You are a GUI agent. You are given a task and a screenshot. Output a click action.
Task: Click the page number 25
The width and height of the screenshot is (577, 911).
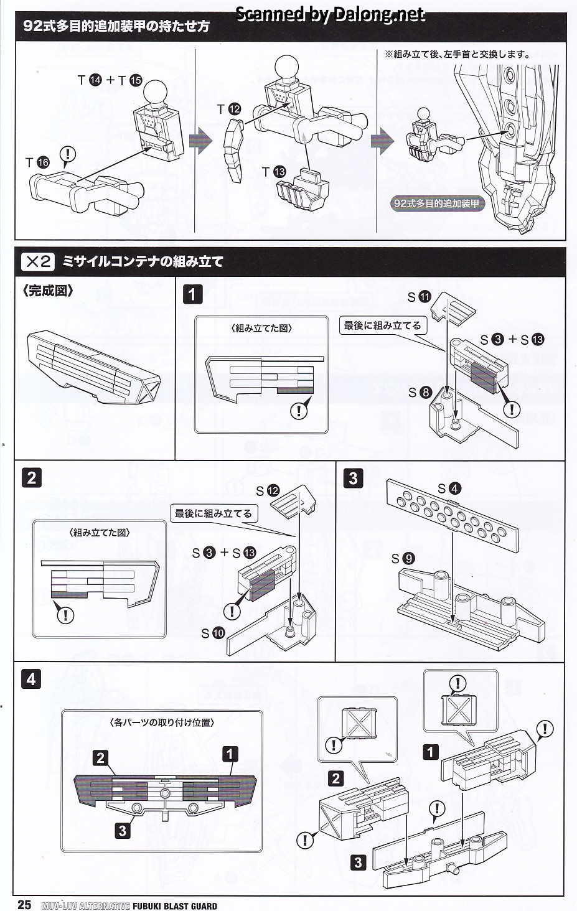click(24, 904)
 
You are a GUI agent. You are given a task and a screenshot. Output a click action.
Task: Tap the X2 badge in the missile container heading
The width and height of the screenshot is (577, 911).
click(38, 261)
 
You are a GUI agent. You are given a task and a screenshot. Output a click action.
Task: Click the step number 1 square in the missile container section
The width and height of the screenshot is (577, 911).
click(193, 294)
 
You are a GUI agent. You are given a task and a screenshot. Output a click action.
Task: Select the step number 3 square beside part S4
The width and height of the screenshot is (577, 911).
click(354, 478)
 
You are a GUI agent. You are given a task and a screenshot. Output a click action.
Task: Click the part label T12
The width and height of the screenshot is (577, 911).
click(228, 110)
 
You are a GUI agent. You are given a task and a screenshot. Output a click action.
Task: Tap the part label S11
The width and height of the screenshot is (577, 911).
click(419, 297)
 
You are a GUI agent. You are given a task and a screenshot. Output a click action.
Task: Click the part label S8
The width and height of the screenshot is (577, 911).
click(420, 392)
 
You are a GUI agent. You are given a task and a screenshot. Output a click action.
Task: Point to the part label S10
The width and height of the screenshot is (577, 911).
click(213, 633)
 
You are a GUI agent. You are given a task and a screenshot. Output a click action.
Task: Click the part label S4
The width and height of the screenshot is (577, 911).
click(449, 488)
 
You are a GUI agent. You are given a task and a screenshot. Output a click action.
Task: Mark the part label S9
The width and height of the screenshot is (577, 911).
click(403, 558)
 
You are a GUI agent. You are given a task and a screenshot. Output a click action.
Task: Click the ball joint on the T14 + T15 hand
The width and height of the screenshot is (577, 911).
click(155, 93)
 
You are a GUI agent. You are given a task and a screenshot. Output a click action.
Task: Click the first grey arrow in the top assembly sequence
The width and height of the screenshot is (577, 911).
click(200, 141)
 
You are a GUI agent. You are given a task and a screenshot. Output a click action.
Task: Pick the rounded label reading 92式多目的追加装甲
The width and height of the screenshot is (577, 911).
click(436, 203)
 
